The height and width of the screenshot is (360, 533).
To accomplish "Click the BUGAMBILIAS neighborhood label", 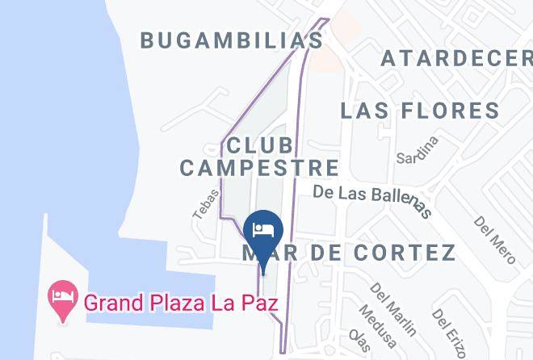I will pyautogui.click(x=232, y=40).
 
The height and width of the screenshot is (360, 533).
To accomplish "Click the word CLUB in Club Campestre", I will pyautogui.click(x=260, y=146).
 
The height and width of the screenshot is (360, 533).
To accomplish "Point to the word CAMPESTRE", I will pyautogui.click(x=259, y=168).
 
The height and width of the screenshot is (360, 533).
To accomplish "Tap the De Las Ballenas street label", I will pyautogui.click(x=370, y=199).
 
